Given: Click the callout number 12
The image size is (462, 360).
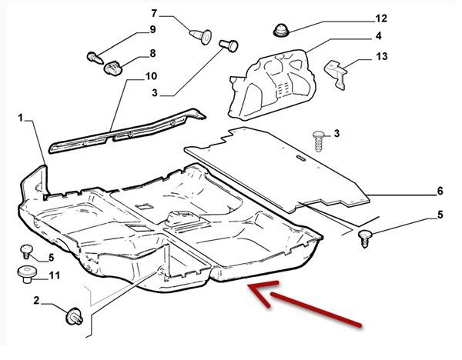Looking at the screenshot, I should (380, 18).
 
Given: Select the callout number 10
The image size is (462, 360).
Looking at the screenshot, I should (151, 76).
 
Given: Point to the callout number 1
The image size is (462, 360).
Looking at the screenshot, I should (22, 118).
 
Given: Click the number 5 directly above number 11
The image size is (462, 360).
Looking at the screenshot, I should (52, 257).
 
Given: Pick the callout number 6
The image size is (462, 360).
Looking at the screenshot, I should (440, 190).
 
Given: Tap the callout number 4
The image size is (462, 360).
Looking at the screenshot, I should (379, 36).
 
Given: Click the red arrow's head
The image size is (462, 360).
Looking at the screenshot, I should (253, 288).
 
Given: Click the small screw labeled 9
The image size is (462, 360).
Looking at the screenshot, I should (93, 56).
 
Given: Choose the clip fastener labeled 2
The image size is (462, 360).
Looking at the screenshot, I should (75, 314).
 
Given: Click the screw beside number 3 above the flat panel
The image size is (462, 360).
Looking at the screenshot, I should (318, 139).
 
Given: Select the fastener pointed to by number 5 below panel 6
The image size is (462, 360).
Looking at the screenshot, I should (367, 237).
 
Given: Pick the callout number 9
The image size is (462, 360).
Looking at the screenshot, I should (152, 29).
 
